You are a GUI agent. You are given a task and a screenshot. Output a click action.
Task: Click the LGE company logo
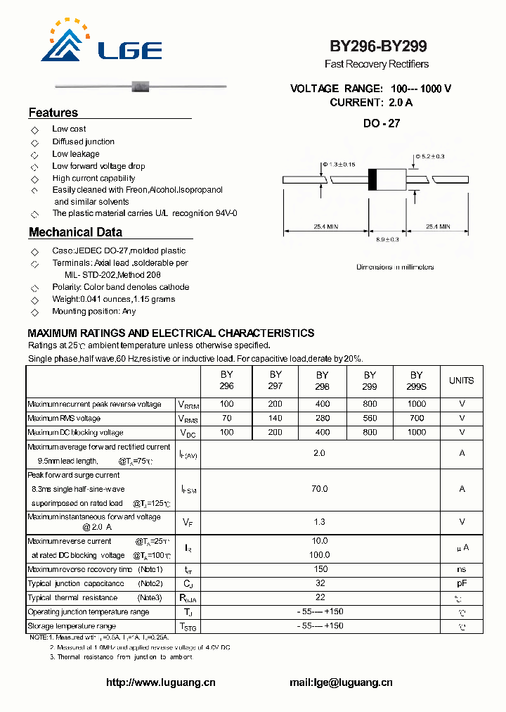[x=102, y=43]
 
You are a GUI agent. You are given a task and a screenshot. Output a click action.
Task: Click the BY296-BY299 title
[x=378, y=46]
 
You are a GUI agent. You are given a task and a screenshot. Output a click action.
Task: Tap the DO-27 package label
[x=382, y=124]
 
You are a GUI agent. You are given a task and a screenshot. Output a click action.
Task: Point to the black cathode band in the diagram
[x=373, y=180]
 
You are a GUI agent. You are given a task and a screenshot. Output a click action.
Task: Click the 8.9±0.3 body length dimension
[x=387, y=240]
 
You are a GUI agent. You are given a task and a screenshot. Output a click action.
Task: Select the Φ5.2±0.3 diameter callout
[x=429, y=156]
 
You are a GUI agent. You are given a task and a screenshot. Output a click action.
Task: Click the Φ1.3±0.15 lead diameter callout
[x=338, y=165]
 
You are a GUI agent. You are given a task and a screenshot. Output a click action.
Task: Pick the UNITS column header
[x=461, y=381]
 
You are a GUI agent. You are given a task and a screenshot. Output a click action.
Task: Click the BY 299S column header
[x=417, y=381]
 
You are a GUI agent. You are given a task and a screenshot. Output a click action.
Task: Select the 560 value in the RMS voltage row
[x=370, y=419]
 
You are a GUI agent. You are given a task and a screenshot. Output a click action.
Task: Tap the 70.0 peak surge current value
[x=320, y=488]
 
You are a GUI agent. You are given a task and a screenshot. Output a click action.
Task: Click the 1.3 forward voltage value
[x=320, y=522]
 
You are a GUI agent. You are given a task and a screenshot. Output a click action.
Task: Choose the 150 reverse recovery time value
[x=320, y=569]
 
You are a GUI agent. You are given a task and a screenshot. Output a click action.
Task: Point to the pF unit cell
[x=462, y=583]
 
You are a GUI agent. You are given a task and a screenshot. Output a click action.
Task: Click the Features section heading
[x=53, y=113]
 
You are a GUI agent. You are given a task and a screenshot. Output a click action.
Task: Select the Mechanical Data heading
[x=75, y=232]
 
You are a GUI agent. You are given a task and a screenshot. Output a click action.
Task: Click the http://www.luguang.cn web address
[x=160, y=682]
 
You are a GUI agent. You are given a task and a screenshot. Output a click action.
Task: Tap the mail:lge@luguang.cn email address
[x=341, y=682]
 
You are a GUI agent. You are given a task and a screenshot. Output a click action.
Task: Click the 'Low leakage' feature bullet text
[x=76, y=154]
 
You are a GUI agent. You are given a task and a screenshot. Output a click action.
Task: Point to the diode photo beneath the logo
[x=141, y=87]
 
